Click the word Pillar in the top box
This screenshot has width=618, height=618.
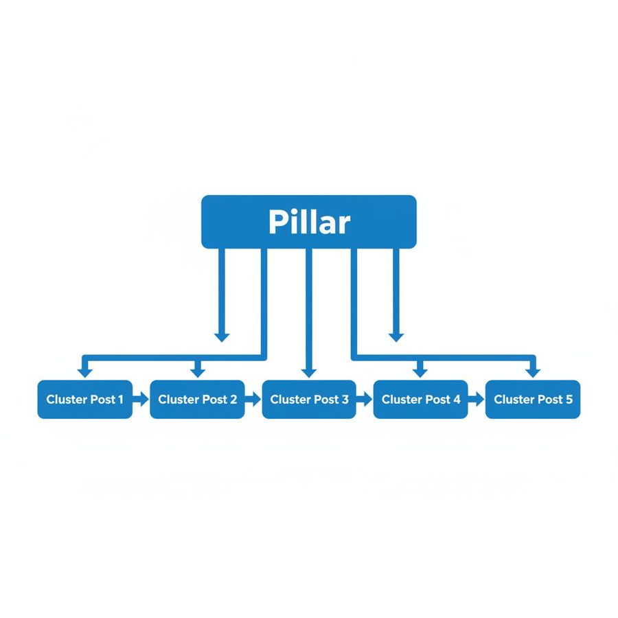tap(309, 222)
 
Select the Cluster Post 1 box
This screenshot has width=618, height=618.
tap(84, 399)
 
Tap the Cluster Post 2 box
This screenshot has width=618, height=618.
tap(197, 399)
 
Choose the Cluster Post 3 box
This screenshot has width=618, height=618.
tap(309, 399)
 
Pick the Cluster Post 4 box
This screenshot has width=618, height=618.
tap(420, 399)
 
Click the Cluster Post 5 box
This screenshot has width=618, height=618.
tap(533, 399)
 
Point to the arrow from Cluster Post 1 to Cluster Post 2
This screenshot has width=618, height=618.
tap(141, 398)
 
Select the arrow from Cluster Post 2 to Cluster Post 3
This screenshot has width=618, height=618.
tap(253, 398)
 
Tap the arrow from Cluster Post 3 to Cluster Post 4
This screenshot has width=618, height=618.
tap(365, 398)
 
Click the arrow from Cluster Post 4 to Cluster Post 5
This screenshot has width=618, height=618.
tap(477, 398)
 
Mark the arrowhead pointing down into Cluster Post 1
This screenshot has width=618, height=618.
tap(84, 371)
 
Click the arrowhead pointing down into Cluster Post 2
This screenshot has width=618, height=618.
tap(198, 371)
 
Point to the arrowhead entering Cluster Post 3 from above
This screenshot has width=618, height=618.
tap(309, 371)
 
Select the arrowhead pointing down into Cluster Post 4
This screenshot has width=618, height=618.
tap(420, 371)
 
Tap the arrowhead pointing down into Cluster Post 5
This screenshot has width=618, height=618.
tap(533, 371)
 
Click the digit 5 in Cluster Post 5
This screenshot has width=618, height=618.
tap(569, 399)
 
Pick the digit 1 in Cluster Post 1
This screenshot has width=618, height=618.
tap(120, 399)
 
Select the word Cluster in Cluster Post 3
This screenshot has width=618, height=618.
tap(289, 399)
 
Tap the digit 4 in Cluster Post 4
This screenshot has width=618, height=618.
tap(457, 399)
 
